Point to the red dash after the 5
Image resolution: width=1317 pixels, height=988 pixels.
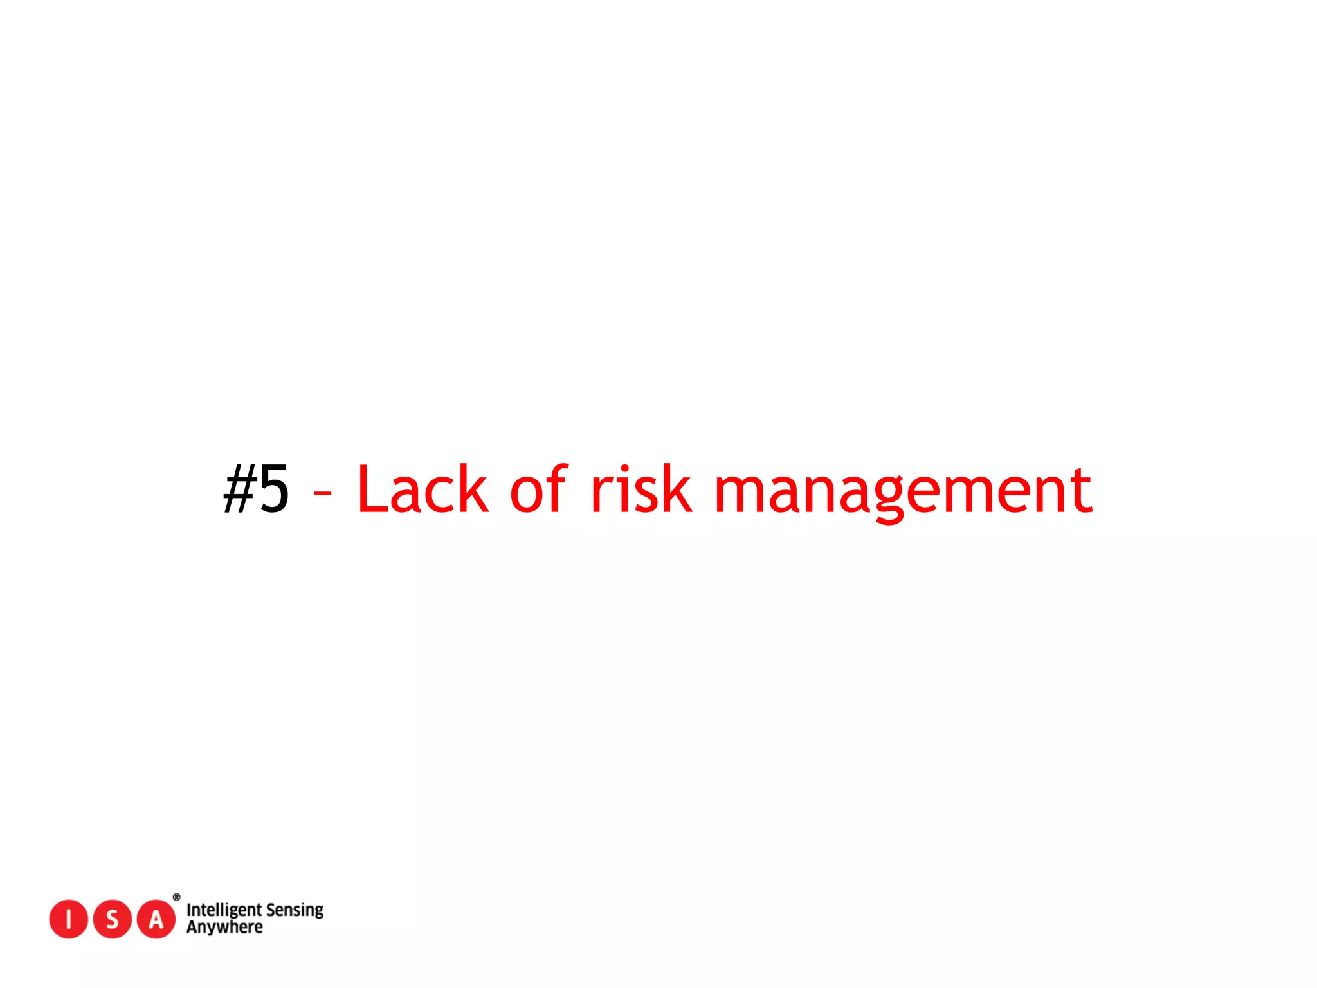322,493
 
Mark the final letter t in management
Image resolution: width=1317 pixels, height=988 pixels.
1084,490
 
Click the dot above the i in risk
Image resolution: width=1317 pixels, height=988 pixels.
624,468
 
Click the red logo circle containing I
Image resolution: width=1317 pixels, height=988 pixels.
68,919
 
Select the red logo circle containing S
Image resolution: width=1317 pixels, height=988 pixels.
112,919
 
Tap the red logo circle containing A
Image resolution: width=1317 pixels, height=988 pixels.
156,919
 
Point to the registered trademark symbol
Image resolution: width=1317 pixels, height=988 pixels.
177,897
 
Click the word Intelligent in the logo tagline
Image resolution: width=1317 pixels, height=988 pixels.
224,910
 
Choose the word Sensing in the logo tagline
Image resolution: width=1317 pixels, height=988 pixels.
295,910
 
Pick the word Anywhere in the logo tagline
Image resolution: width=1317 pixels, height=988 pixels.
224,928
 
